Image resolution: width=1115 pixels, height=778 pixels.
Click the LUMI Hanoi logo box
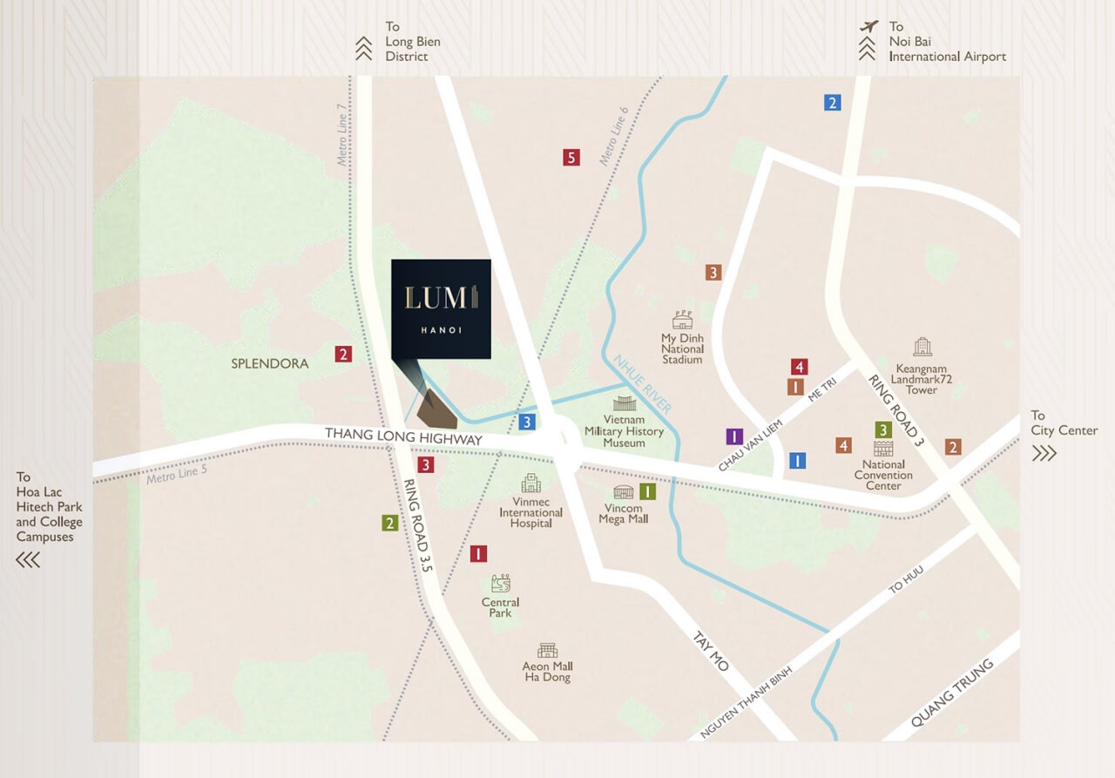(441, 308)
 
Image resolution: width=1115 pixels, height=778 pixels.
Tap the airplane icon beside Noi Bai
(868, 26)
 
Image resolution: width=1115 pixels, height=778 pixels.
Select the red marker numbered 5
(571, 158)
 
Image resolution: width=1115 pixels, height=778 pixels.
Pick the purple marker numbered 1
(733, 436)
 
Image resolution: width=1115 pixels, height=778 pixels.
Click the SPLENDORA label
(270, 363)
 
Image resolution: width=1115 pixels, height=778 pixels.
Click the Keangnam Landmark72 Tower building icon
(922, 348)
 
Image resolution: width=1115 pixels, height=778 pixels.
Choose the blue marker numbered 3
(525, 423)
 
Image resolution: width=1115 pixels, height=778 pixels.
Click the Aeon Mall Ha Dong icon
(547, 650)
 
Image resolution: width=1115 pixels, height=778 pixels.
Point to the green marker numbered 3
(882, 430)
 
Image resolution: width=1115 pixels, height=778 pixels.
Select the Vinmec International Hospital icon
(530, 484)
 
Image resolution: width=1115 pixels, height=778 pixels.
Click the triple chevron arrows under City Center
(1044, 453)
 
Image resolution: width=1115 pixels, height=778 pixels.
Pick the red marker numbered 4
(799, 367)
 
